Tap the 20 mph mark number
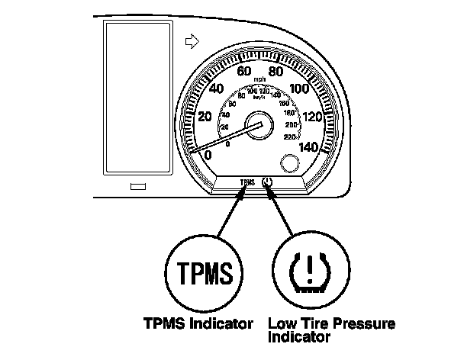tap(205, 117)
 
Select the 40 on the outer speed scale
tap(216, 88)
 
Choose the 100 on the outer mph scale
tap(302, 88)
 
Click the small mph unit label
tap(260, 79)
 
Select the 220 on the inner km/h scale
tap(290, 137)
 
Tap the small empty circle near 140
tap(290, 162)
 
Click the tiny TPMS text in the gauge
tap(246, 183)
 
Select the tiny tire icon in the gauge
tap(267, 182)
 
